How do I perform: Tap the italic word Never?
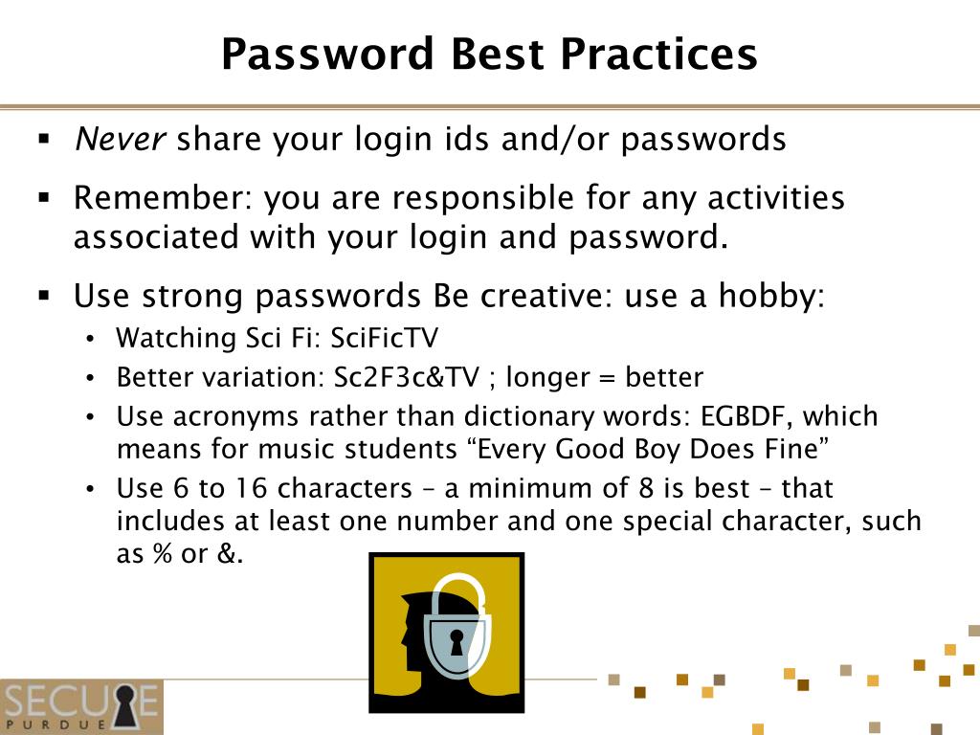[121, 140]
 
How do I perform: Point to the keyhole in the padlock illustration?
[457, 642]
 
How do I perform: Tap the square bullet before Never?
[44, 140]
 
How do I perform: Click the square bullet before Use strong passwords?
[44, 297]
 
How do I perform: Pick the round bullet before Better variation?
[90, 378]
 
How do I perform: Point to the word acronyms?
[223, 417]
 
